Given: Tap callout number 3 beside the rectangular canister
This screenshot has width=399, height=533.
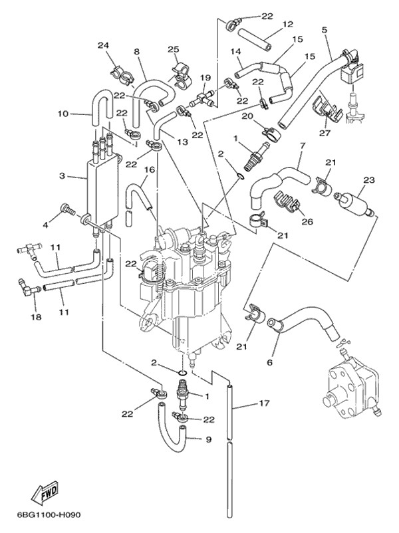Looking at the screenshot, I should pos(61,176).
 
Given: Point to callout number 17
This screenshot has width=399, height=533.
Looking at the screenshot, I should pos(264,403).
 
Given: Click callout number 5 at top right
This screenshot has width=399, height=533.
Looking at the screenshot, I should pos(324,30).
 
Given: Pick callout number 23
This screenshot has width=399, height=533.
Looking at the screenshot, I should pos(270,362).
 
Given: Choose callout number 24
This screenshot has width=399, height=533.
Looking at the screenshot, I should pos(103,45).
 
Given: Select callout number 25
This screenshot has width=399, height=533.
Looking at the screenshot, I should pos(173,50).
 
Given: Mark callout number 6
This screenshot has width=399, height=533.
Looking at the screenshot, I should pos(270,362).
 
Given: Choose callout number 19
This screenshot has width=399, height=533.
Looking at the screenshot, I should pos(205,77).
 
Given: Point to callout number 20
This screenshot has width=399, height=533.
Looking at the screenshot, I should pos(247,116).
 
